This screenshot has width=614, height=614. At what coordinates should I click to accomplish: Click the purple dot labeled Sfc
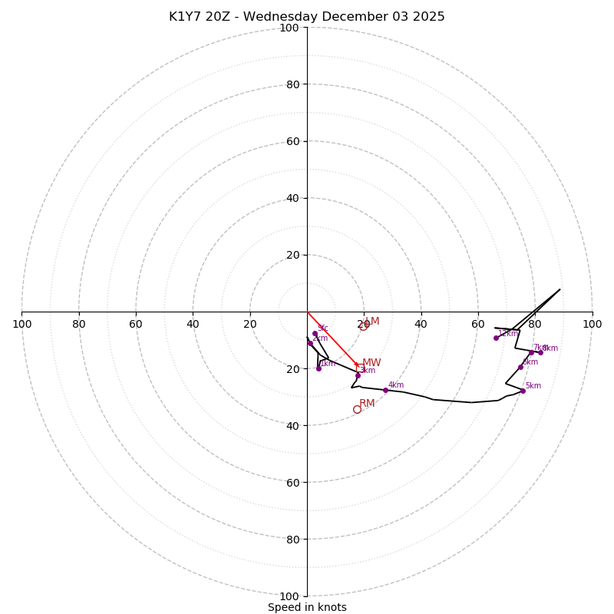tap(315, 334)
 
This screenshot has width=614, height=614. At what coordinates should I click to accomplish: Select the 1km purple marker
tap(319, 368)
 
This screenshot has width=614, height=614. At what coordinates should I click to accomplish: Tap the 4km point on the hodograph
tap(385, 391)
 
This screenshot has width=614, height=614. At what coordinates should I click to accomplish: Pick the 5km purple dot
tap(523, 391)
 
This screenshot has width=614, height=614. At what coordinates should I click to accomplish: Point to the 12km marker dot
tap(496, 338)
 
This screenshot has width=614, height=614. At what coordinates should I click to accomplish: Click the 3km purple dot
tap(358, 375)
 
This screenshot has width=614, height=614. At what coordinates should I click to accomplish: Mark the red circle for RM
tap(357, 410)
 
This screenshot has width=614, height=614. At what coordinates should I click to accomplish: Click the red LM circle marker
tap(363, 326)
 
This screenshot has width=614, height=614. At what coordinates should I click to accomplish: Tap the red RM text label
tap(368, 404)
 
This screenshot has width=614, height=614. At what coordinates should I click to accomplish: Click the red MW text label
tap(371, 363)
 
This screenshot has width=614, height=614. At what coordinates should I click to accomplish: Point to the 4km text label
tap(396, 385)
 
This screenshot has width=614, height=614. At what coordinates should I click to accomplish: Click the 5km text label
tap(533, 386)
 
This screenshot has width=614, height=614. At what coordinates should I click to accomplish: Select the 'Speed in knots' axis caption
tap(307, 608)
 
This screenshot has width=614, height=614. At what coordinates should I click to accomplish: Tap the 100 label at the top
tap(289, 28)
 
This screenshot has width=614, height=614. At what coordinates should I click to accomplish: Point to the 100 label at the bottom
tap(289, 596)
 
